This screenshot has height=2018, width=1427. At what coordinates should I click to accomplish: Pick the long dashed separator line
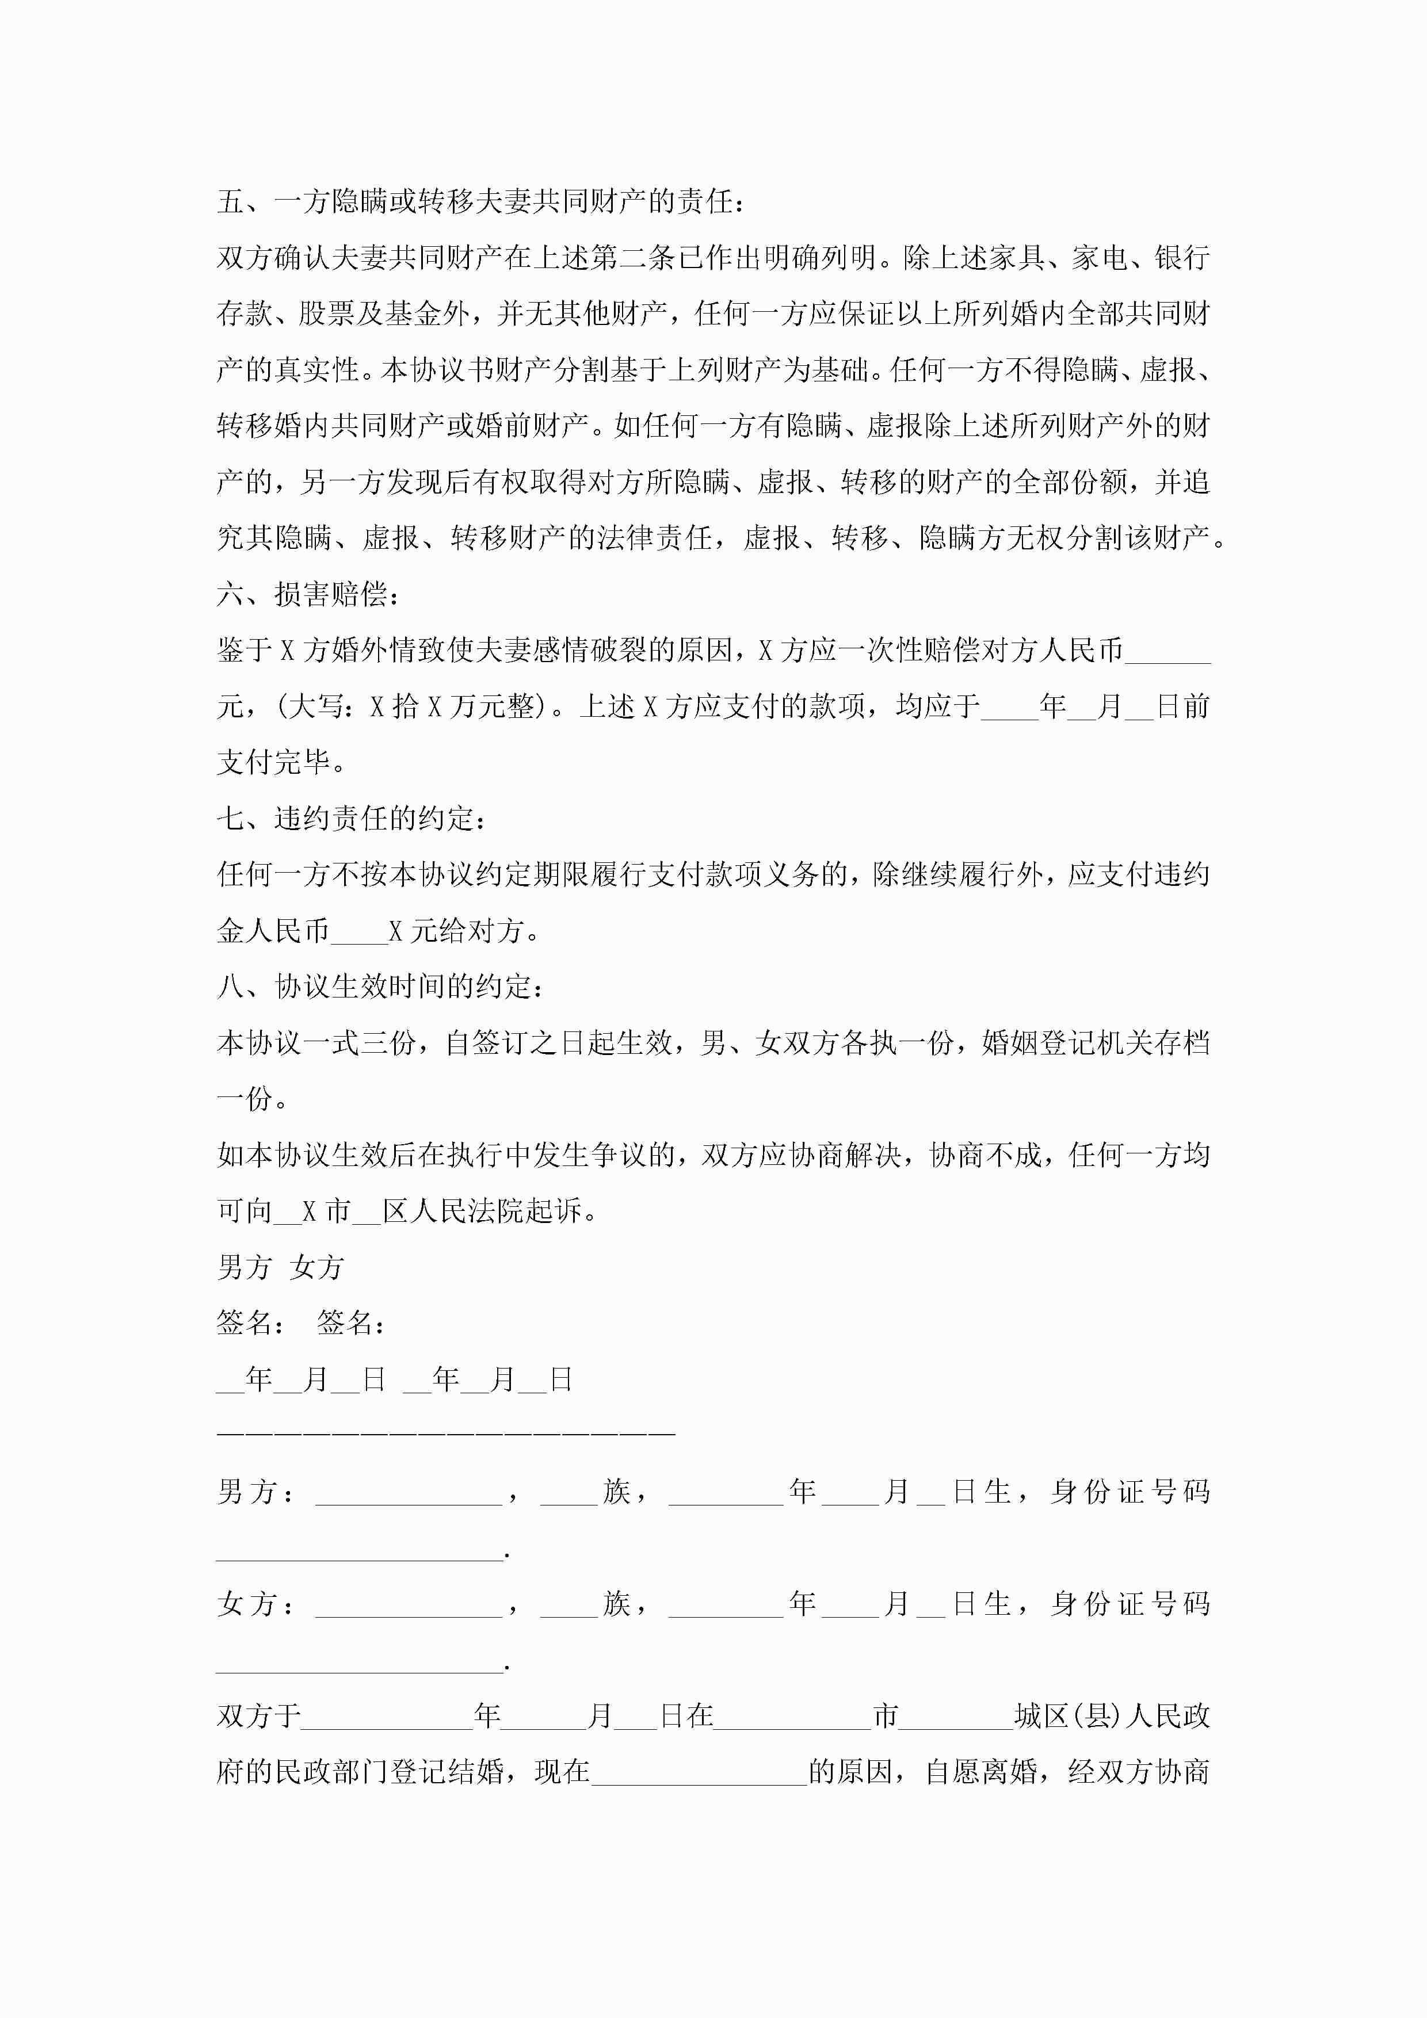(446, 1434)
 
